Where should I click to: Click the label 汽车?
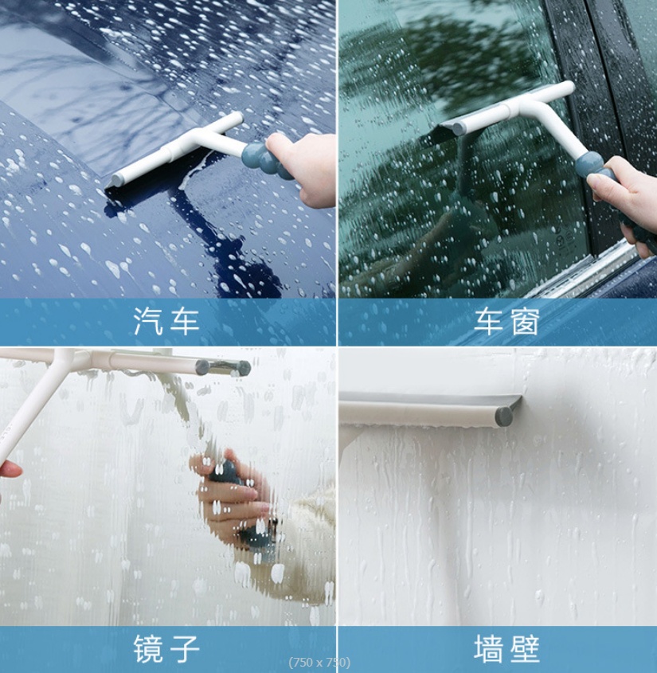pos(166,321)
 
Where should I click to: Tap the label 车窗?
pos(506,321)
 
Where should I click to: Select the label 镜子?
pos(166,648)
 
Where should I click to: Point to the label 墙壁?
pos(506,648)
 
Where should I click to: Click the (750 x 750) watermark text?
pos(319,663)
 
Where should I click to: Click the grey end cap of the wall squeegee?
pos(504,416)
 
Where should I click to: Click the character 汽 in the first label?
pos(148,321)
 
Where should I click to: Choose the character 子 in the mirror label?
pos(185,648)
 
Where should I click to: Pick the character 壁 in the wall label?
pos(525,648)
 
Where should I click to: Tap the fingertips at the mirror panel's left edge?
pos(10,470)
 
